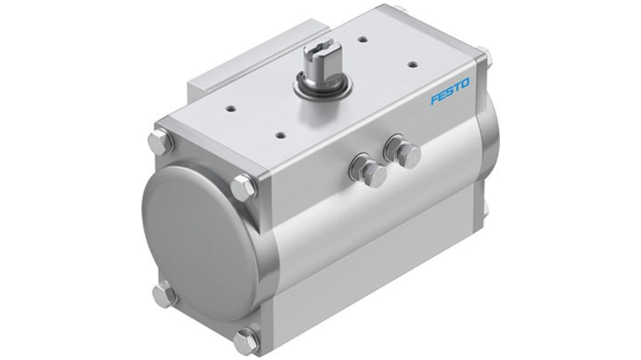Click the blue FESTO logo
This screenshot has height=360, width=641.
[x=450, y=91]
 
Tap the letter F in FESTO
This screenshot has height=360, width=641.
[x=434, y=99]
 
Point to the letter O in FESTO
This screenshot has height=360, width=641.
[x=465, y=83]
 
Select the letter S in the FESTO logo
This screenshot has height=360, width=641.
[x=450, y=91]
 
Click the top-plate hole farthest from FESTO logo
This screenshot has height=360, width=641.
[x=230, y=109]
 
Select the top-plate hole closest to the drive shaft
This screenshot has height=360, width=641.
[x=362, y=40]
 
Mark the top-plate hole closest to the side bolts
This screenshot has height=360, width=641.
[x=281, y=134]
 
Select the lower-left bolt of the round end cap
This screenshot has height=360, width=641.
[x=164, y=294]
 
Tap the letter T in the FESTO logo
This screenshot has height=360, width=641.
[x=457, y=88]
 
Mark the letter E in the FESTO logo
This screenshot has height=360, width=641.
[x=442, y=95]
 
